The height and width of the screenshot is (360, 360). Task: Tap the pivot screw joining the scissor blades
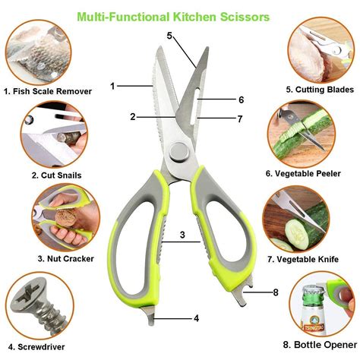point(178,154)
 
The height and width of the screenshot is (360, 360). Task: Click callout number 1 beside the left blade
point(113,86)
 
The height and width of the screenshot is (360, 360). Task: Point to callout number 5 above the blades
point(170,35)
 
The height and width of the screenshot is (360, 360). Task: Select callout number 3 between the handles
point(182,235)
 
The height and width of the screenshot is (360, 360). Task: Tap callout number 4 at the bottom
point(196,318)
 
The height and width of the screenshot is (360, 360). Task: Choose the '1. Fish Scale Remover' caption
point(47,91)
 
